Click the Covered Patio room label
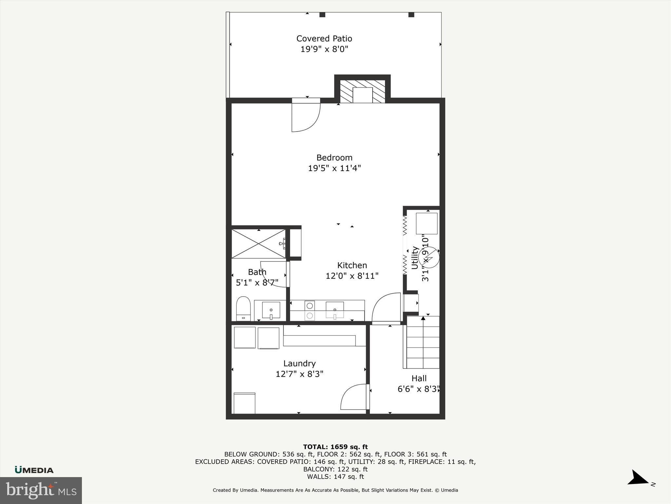coord(324,39)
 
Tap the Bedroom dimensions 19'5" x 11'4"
coord(334,168)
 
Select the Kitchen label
coord(352,265)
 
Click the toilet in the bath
coord(243,308)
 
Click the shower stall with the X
coord(259,244)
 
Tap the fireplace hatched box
coord(362,92)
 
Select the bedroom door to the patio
coord(305,116)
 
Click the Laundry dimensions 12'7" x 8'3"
coord(299,374)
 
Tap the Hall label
coord(419,378)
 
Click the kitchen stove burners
coord(310,310)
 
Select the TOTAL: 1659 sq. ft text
coord(335,447)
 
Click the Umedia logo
coord(34,470)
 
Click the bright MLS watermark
coord(41,490)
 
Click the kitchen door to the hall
coord(387,308)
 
